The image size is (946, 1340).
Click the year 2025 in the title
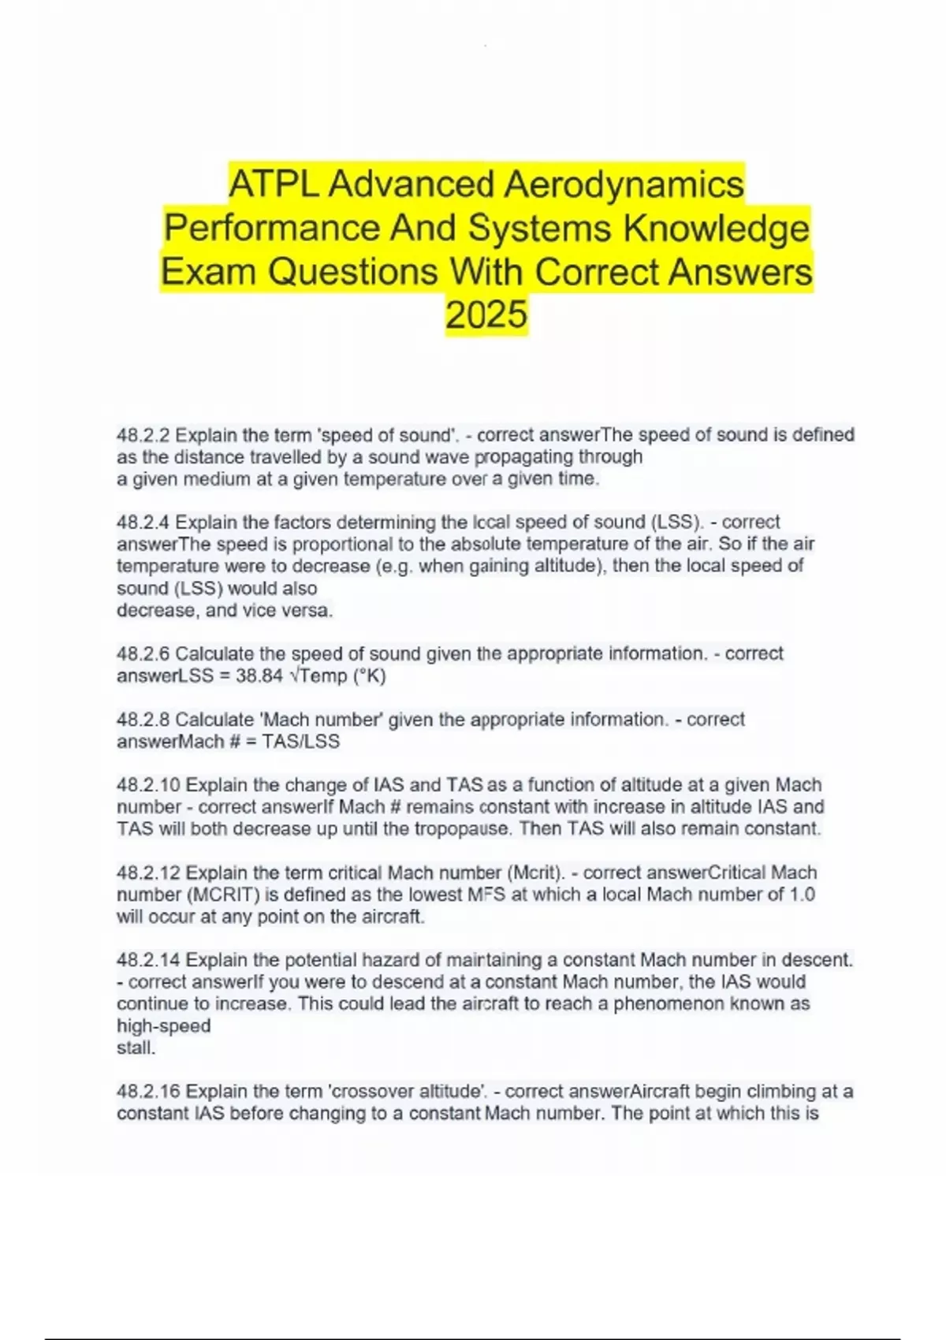click(x=486, y=315)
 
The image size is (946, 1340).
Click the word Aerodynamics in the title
click(x=624, y=184)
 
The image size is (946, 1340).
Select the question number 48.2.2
click(x=143, y=435)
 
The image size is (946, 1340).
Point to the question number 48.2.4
click(x=143, y=522)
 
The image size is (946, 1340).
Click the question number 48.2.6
click(x=143, y=653)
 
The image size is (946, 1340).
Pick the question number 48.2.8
click(x=143, y=719)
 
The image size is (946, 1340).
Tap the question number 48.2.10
click(x=148, y=785)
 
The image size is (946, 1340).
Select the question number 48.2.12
click(x=148, y=873)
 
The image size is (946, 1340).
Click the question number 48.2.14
click(x=148, y=960)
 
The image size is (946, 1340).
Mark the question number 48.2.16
click(x=148, y=1092)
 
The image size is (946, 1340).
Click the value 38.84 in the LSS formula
click(x=259, y=676)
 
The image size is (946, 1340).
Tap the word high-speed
click(x=163, y=1026)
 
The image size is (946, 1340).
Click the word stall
click(x=136, y=1048)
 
